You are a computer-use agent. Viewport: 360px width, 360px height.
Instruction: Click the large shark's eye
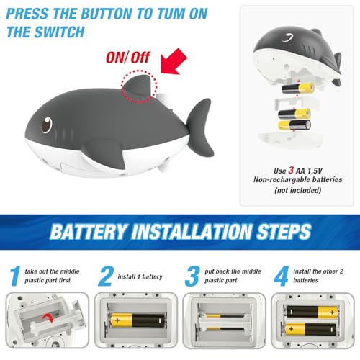click(x=47, y=125)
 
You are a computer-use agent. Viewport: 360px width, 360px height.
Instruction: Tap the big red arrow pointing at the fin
click(x=174, y=61)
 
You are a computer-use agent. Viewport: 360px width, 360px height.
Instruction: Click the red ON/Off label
click(x=128, y=58)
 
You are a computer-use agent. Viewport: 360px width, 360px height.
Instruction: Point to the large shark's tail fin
click(x=200, y=127)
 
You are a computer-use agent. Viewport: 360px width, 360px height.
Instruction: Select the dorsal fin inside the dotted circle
click(x=138, y=86)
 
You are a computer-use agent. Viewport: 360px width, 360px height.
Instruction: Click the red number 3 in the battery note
click(x=291, y=170)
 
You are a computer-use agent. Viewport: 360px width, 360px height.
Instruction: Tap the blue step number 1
click(x=15, y=276)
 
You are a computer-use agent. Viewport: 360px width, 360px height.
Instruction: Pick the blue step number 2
click(x=106, y=276)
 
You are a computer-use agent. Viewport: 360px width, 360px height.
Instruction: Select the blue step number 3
click(x=192, y=276)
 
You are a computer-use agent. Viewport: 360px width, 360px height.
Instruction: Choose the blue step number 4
click(x=281, y=276)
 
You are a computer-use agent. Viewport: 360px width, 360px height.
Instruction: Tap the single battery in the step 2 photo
click(x=138, y=320)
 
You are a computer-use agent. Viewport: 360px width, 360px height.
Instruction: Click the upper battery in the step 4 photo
click(x=313, y=312)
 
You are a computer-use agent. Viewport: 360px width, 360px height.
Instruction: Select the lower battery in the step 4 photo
click(x=310, y=329)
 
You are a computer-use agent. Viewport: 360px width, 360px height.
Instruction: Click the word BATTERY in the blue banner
click(x=88, y=232)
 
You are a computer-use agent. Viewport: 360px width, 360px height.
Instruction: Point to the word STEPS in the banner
click(x=284, y=232)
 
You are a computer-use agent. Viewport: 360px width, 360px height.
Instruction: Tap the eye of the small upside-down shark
click(x=288, y=37)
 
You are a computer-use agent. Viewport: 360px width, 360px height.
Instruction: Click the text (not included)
click(x=297, y=190)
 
